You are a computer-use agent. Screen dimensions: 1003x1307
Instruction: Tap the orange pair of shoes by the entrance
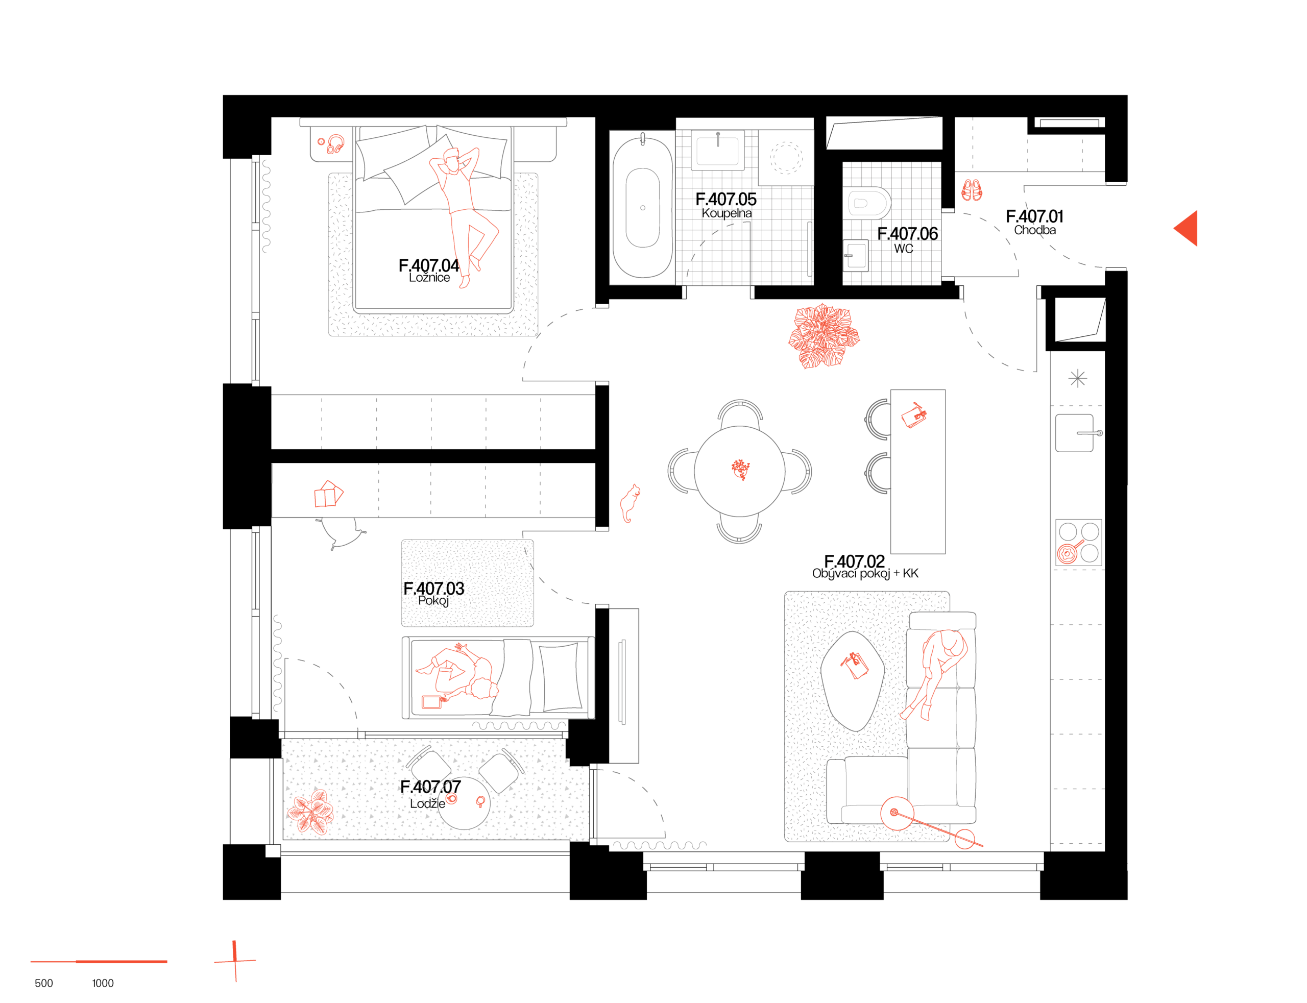tap(972, 190)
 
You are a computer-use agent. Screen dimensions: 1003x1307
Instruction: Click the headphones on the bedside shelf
tap(335, 144)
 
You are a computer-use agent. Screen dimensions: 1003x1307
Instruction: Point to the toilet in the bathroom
tap(866, 203)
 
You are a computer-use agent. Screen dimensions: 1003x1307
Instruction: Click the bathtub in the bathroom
tap(642, 207)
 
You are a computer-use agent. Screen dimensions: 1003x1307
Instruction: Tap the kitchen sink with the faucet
tap(1075, 433)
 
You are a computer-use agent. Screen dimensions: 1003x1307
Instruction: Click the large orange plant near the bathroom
tap(823, 336)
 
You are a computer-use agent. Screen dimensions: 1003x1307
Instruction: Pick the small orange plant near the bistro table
tap(311, 812)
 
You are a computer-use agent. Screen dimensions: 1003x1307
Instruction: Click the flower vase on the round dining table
tap(740, 469)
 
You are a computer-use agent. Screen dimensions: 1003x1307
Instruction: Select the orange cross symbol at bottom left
tap(235, 961)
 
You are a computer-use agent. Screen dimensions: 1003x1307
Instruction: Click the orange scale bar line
tap(99, 961)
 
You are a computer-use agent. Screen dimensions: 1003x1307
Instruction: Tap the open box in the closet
tap(328, 494)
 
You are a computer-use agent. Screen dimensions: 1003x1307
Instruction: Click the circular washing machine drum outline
tap(786, 158)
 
